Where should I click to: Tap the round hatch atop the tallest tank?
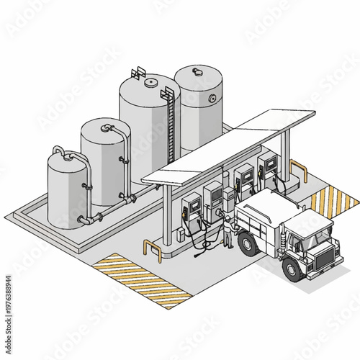point(150,82)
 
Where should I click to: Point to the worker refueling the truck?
point(228,232)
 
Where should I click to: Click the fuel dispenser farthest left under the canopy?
point(192,211)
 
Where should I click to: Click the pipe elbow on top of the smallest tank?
point(58,150)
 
